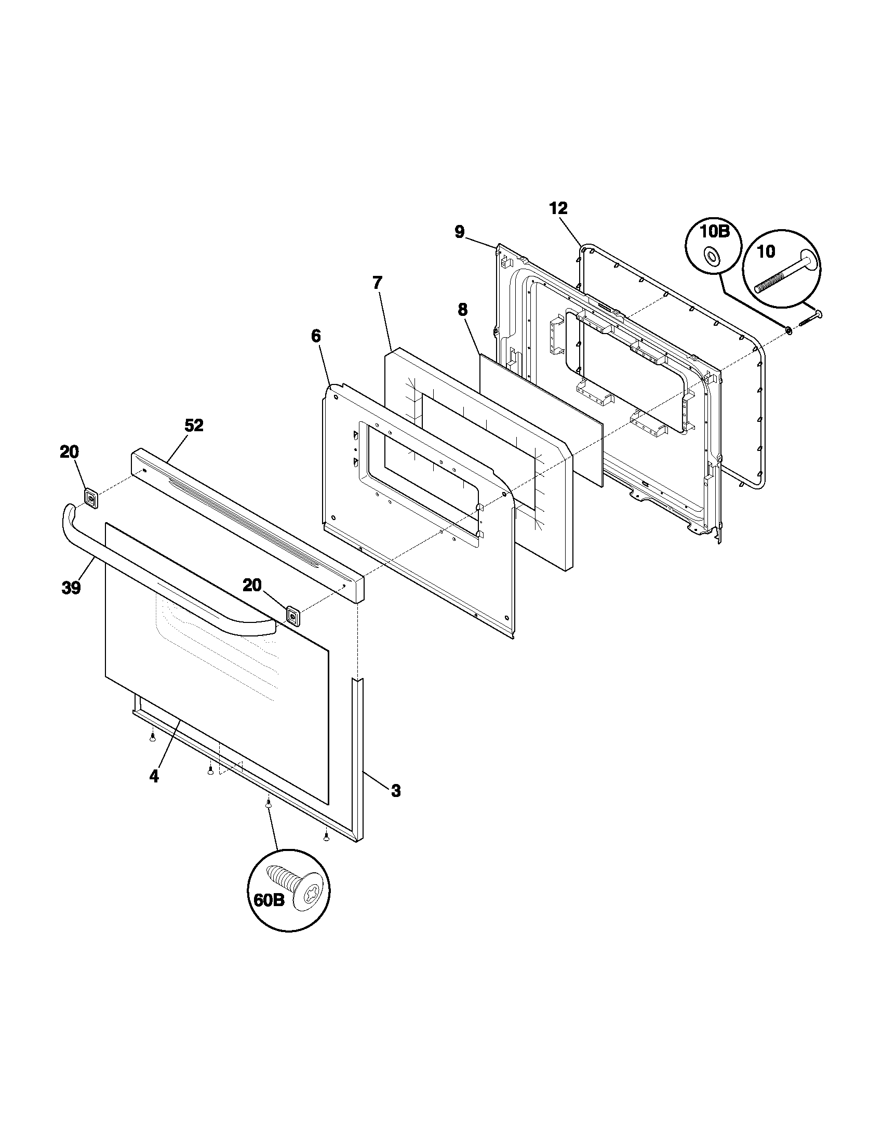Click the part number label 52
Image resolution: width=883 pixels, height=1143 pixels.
tap(194, 426)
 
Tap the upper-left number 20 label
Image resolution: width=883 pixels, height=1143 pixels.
tap(69, 451)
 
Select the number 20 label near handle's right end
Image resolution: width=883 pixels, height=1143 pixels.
tap(251, 585)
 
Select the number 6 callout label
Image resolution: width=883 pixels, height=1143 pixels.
tap(316, 336)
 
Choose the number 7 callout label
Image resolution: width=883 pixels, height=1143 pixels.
tap(377, 283)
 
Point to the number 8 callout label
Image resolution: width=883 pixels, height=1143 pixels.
tap(462, 310)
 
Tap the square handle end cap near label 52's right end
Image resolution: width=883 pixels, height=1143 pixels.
tap(293, 616)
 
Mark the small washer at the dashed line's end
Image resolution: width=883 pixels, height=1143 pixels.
tap(787, 330)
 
